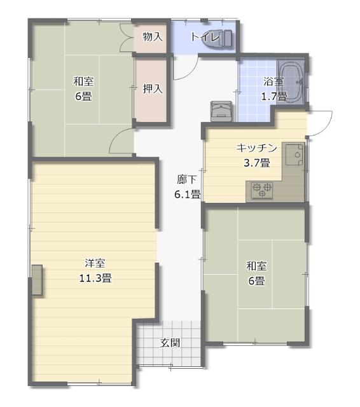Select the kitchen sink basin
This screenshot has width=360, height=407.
point(294,155)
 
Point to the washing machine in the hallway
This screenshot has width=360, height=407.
point(221,111)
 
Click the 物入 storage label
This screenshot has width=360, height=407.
point(153,37)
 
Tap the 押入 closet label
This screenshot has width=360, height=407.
point(153,89)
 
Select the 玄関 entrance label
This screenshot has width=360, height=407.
point(170,343)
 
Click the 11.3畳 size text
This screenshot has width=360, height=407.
point(95,278)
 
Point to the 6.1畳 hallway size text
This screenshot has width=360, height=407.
point(187,194)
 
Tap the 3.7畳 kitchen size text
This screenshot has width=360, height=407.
point(257,163)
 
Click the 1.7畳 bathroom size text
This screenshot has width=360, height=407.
point(274,96)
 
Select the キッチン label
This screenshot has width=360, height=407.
point(257,148)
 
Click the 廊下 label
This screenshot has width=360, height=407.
point(186,179)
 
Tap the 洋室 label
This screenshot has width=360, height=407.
point(95,263)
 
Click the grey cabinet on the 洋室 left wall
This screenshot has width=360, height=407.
point(37,280)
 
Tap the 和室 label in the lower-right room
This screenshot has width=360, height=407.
point(256,266)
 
